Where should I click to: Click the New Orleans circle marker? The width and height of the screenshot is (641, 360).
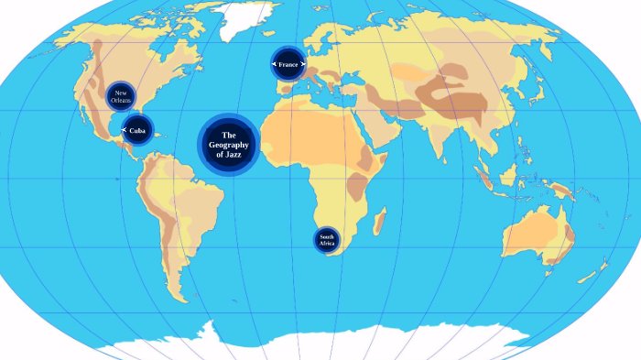click(x=121, y=95)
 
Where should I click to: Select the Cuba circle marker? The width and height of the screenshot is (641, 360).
click(x=137, y=130)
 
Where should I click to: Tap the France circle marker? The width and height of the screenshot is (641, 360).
click(x=288, y=64)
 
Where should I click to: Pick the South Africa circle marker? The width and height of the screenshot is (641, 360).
click(x=327, y=240)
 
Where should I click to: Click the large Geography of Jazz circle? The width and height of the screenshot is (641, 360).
click(x=229, y=144)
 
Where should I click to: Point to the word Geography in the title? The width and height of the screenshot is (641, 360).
click(x=229, y=145)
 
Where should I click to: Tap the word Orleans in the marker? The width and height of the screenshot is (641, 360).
click(x=121, y=100)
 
